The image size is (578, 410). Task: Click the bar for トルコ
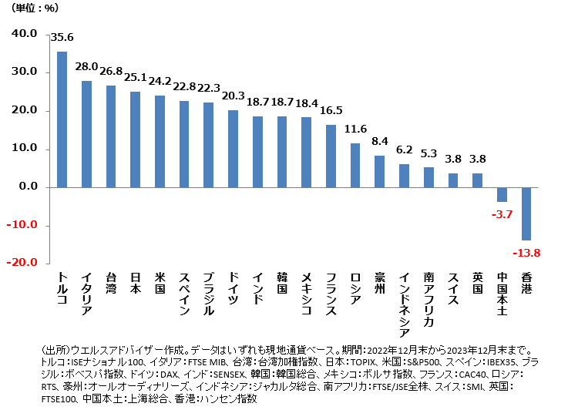coord(62,119)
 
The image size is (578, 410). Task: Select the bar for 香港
coord(526,213)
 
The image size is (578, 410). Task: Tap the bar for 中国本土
coord(502,194)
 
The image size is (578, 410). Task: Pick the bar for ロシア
coord(355,165)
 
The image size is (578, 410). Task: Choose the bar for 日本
coord(135,139)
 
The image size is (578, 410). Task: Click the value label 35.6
coord(62,37)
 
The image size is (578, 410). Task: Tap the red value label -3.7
coord(501,213)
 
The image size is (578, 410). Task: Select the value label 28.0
coord(86,67)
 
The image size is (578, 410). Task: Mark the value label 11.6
coord(355,129)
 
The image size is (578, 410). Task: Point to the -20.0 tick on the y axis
coord(23,262)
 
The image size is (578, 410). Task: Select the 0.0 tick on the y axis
coord(27,187)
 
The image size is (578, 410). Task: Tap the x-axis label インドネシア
coord(404,304)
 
